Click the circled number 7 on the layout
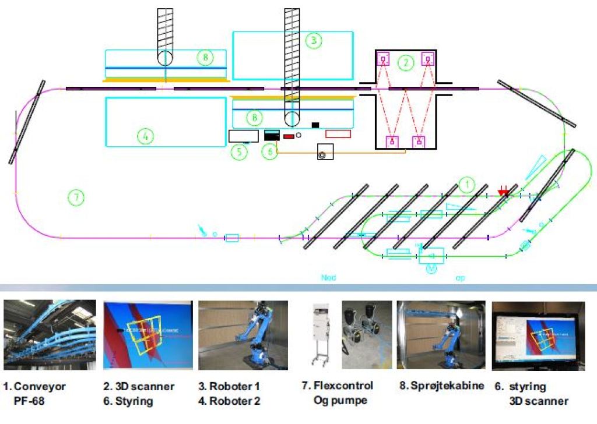click(x=76, y=197)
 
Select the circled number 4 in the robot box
click(x=145, y=136)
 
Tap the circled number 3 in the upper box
click(x=314, y=40)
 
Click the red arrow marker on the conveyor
click(x=503, y=192)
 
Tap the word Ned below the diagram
click(x=329, y=278)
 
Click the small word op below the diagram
click(x=461, y=278)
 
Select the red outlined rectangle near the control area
click(x=338, y=134)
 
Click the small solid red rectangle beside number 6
click(x=289, y=136)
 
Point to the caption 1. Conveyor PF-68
click(x=35, y=393)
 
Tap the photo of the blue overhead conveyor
click(x=49, y=335)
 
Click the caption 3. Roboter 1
click(x=234, y=386)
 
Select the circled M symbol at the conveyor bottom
click(x=431, y=269)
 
